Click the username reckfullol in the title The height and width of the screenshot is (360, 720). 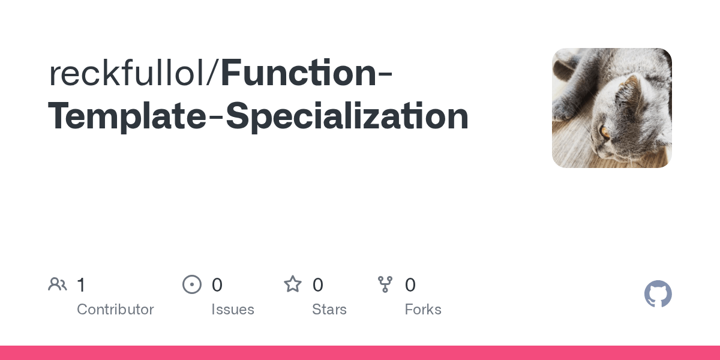pos(127,73)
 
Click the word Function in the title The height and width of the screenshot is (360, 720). pos(299,73)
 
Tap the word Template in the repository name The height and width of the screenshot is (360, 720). pos(127,116)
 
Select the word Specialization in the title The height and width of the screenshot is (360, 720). pos(347,116)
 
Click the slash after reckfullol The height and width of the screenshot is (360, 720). pos(214,73)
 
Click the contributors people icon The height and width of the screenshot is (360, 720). pos(58,284)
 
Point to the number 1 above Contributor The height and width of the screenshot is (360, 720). pos(82,285)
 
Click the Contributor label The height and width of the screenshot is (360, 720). pos(115,309)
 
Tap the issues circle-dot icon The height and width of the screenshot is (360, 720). pos(192,284)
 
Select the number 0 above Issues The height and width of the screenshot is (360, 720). pos(217,285)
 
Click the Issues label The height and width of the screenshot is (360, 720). pos(233,309)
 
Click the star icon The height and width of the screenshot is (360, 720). pos(293,284)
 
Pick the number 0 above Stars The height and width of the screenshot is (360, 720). pos(318,285)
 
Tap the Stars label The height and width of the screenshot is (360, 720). pos(329,309)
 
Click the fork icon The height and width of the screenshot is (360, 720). pos(385,284)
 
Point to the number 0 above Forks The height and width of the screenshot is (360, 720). pos(410,285)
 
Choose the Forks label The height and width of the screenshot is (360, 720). pos(423,309)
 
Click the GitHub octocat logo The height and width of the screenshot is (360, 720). pos(658,294)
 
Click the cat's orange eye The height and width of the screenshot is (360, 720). pos(605,132)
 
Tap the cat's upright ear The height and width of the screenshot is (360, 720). pos(628,88)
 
